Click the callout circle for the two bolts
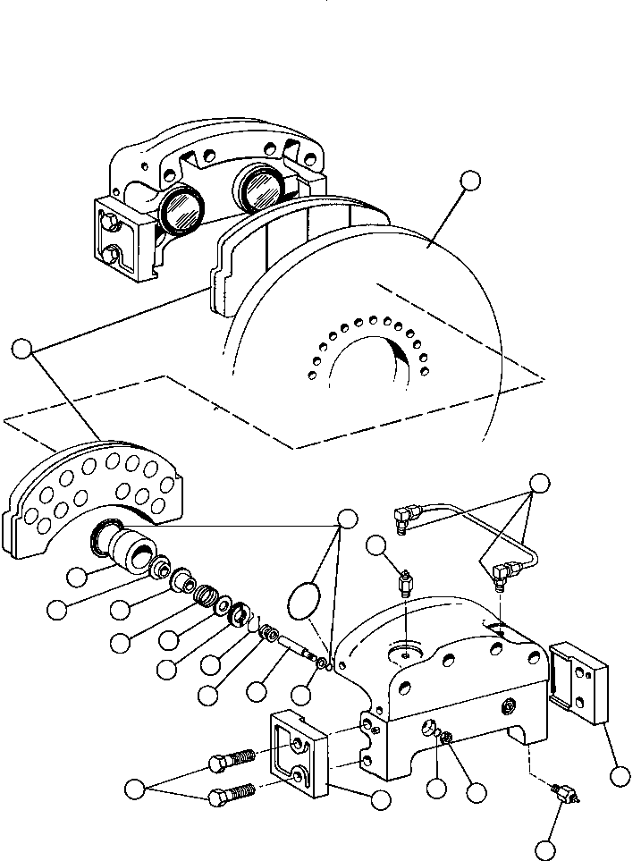click(x=135, y=789)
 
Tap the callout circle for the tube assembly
click(x=538, y=484)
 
